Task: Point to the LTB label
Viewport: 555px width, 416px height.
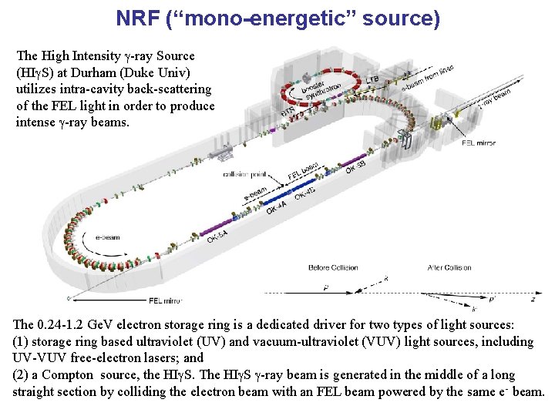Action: click(372, 79)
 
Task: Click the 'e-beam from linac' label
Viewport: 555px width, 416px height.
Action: click(428, 77)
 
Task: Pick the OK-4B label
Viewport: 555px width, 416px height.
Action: click(305, 192)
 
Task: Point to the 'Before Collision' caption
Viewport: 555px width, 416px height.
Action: click(334, 267)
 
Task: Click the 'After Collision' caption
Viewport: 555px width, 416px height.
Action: click(449, 267)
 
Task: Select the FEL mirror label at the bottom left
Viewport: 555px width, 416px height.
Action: click(166, 300)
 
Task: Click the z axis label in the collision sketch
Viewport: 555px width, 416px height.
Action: click(533, 299)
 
